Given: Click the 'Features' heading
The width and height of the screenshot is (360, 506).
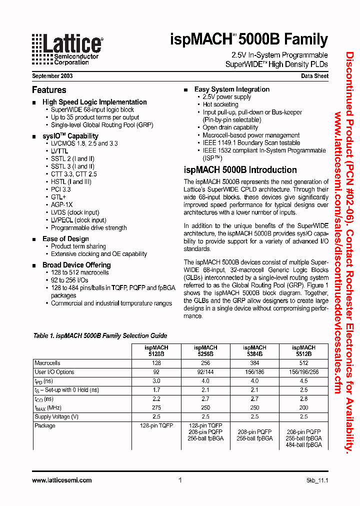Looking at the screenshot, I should coord(49,90).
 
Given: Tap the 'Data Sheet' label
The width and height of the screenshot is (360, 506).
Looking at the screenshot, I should coord(314,76).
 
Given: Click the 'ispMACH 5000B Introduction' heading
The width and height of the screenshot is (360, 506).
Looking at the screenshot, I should coord(240,170).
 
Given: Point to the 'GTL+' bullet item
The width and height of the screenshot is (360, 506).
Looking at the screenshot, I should coord(58,197).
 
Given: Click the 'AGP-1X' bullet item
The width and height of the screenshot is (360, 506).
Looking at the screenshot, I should coord(61,204).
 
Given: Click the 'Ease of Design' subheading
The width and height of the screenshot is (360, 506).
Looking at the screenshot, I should coord(65,239).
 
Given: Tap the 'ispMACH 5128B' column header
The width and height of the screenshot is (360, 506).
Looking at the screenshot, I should coord(156,350).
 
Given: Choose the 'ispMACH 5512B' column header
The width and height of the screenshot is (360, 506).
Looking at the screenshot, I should coord(303,350).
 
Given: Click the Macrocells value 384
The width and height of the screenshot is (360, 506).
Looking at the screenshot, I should coord(254,363).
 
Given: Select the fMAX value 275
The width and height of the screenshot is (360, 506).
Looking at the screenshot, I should coord(156,407).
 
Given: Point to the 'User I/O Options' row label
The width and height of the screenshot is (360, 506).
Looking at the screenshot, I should coord(54,372).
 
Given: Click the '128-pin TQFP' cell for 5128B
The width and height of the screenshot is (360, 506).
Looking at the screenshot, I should coord(156,425).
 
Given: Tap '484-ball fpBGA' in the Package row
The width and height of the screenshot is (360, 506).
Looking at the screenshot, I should coord(303,444).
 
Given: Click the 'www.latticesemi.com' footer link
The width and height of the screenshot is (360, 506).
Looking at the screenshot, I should coord(61,480).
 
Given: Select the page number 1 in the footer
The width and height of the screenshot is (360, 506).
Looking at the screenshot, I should coord(179,480).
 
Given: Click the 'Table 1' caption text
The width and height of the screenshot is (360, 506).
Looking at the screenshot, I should coord(100,335).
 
